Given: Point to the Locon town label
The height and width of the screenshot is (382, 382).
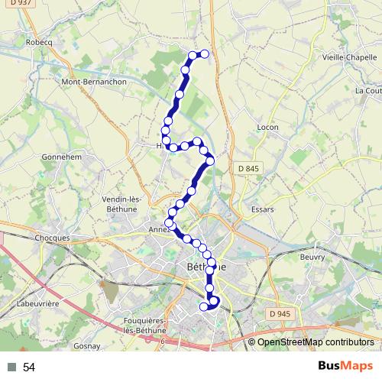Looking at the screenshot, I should (268, 127).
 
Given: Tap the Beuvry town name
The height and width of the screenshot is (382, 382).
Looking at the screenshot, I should (312, 257).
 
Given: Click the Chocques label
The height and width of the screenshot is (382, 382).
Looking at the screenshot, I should (52, 238).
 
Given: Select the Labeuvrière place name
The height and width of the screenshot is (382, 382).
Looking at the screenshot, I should (36, 303).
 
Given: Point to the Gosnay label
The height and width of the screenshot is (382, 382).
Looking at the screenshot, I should (86, 346).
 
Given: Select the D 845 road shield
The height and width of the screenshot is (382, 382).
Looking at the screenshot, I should (248, 168).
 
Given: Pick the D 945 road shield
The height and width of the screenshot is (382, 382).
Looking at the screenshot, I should (280, 314).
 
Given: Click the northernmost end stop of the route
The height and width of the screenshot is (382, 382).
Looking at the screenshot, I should (205, 53).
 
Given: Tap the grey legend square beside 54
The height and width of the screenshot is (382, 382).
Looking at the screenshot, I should (12, 367).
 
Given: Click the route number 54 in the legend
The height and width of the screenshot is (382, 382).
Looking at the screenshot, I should (29, 367).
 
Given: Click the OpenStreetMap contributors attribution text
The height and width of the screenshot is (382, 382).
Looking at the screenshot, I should (315, 342).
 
